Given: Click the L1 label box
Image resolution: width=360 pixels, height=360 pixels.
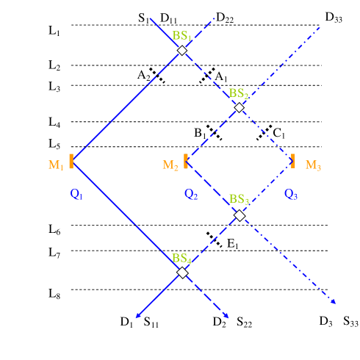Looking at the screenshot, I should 57,31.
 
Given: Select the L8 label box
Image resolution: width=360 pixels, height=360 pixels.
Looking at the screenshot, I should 57,294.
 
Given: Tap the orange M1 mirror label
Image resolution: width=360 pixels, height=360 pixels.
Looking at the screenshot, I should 56,165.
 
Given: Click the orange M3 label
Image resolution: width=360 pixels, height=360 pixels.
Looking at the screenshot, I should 314,164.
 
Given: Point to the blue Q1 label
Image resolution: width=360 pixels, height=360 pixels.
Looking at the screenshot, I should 77,195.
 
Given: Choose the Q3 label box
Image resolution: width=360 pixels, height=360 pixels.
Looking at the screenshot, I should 292,194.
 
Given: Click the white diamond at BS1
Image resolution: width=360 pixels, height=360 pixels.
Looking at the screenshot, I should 182,51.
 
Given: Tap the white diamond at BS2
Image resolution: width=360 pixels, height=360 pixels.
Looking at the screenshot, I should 239,107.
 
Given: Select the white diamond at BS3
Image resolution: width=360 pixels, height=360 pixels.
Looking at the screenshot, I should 239,215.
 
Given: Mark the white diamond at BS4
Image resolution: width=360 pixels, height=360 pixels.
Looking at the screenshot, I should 182,272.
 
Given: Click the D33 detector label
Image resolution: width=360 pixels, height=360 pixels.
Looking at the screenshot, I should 335,17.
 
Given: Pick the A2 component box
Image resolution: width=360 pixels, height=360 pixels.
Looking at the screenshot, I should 145,74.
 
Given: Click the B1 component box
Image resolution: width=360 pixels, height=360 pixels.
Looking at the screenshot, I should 201,133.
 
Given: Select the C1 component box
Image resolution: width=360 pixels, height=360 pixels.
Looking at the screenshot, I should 281,133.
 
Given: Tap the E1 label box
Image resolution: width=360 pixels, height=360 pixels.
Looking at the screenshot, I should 235,243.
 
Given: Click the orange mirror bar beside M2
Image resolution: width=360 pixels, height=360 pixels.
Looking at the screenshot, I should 186,162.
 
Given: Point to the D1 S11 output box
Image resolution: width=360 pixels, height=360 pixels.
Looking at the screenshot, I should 143,322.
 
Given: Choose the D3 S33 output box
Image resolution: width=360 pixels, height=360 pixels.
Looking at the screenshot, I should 336,322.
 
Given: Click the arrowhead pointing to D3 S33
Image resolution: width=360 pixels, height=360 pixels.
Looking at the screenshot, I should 335,303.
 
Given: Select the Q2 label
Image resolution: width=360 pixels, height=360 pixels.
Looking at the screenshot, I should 192,194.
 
